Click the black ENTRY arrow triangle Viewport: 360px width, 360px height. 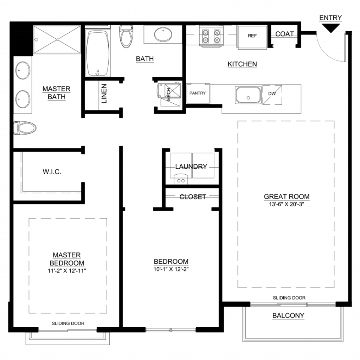click(x=330, y=27)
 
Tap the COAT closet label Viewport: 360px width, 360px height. click(x=284, y=34)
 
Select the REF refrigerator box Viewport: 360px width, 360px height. click(x=252, y=37)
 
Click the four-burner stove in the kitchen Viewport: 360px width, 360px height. click(x=211, y=36)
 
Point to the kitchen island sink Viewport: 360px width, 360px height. click(x=248, y=95)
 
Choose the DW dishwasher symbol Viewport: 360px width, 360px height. click(x=272, y=95)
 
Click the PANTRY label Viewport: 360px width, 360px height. click(x=198, y=93)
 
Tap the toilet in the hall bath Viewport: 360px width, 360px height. click(x=126, y=36)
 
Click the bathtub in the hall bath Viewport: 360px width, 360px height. click(x=98, y=53)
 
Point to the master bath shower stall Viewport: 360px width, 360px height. click(x=57, y=39)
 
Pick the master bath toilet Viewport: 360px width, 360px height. click(x=25, y=128)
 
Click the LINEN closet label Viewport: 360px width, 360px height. click(x=104, y=94)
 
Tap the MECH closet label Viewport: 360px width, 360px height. click(x=169, y=94)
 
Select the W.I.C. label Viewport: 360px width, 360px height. click(x=52, y=172)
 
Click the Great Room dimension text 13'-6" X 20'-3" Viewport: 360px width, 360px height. click(x=287, y=204)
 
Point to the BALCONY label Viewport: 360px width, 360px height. click(x=288, y=315)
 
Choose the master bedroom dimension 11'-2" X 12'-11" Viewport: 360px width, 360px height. click(x=67, y=271)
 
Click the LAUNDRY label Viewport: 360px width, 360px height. click(x=191, y=166)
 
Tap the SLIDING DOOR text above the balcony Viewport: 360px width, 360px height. click(x=289, y=298)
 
